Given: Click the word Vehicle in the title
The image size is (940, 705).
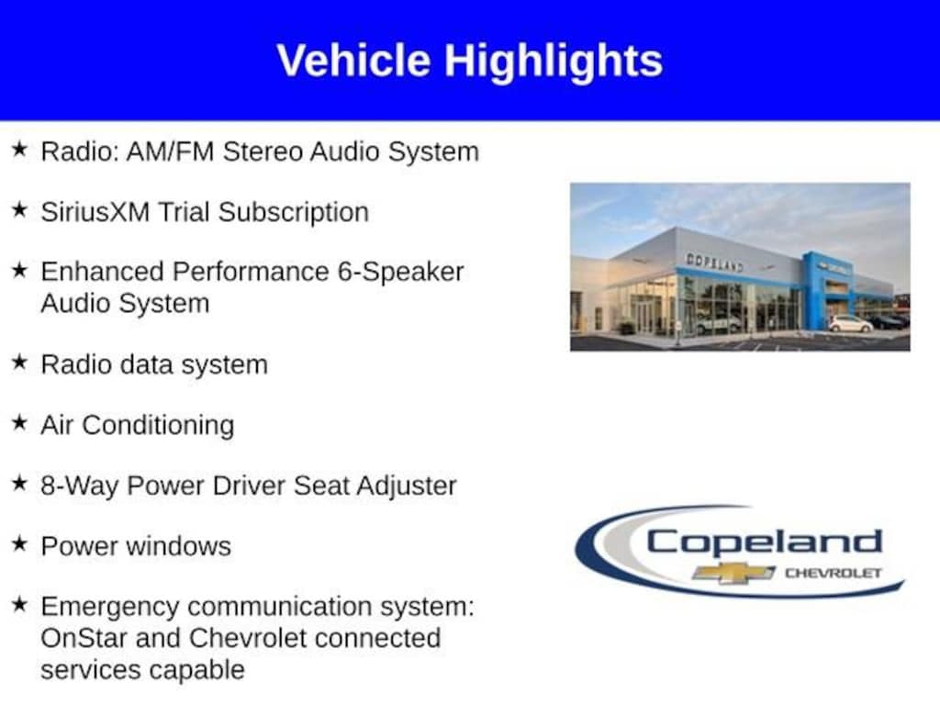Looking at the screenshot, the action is tap(353, 61).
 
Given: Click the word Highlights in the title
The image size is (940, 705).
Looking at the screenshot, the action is tap(554, 62).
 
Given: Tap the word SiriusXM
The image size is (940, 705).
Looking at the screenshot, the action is tap(95, 212).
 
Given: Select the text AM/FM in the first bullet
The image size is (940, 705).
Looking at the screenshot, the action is tap(170, 151).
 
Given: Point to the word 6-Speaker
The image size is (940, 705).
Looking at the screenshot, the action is tap(400, 272).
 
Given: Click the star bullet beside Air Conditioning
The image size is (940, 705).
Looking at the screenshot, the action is tap(20, 422).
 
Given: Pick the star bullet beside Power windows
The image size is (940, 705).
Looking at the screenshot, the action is tap(20, 543).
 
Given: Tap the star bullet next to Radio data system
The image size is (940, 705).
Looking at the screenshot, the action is tap(20, 362).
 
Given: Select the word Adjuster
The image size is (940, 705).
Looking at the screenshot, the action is tap(407, 487).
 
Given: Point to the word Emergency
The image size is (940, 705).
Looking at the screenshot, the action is tap(110, 607).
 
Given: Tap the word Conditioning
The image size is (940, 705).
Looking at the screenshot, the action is tap(158, 426).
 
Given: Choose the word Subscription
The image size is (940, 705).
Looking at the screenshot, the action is tap(294, 213).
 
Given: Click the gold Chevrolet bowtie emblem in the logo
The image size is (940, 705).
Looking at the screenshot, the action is tap(733, 573).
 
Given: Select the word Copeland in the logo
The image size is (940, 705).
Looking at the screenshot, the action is tap(765, 543).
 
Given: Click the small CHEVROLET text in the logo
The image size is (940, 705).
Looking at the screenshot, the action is tap(834, 573).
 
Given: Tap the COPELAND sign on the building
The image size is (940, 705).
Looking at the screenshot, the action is tap(714, 263).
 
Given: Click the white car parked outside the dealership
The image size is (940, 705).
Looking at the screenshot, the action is tap(850, 324).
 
